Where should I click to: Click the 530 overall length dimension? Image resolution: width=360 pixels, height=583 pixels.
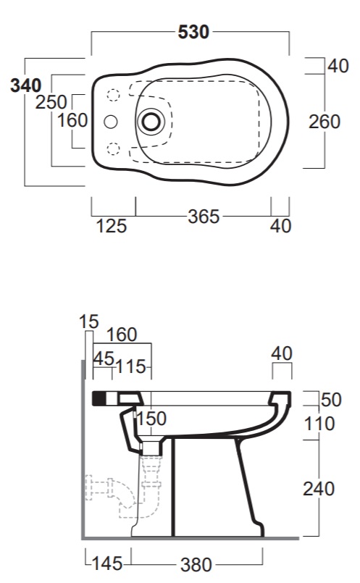point(193,32)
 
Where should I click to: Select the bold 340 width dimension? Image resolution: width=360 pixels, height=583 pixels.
point(25,85)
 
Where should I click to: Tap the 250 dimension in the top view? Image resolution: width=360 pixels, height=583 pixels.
point(51,102)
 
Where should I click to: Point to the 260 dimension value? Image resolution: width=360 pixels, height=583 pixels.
point(325,122)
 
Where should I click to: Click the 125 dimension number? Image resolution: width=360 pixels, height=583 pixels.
point(112,226)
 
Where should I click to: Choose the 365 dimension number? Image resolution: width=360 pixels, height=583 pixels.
point(204,217)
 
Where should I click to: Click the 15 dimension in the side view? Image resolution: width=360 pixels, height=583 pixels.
point(89,322)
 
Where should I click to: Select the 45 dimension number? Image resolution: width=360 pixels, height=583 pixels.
point(104,358)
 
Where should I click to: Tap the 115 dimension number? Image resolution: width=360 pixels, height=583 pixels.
point(130,367)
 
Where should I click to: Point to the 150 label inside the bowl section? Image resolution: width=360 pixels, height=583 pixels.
point(151,419)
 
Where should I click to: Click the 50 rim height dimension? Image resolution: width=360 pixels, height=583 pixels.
point(331,400)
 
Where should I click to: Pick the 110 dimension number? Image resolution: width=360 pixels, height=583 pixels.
point(319,424)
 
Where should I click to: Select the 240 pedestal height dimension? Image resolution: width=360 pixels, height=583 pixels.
point(319,489)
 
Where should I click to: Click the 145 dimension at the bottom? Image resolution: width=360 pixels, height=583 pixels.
point(107,563)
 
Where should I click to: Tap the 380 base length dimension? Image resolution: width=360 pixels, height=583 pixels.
point(196,565)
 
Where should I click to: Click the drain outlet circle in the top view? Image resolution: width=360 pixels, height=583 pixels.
point(151,121)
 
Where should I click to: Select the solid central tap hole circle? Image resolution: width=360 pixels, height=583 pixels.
point(110,122)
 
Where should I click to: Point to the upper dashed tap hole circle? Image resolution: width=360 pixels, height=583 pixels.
point(114,95)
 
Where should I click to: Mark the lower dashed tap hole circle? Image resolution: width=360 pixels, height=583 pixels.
point(114,148)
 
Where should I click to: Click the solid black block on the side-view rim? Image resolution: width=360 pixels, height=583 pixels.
point(99,398)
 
